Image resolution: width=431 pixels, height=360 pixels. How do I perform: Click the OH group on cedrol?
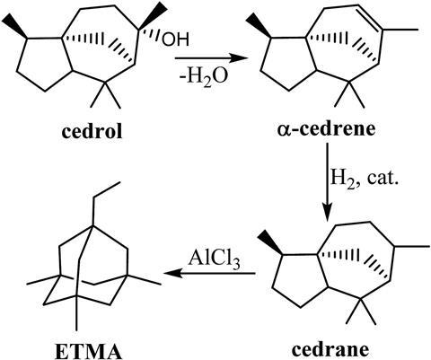[x=175, y=40]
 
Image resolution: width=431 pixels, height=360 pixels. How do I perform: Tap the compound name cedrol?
[x=92, y=131]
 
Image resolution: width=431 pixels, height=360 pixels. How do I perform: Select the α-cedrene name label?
[x=326, y=129]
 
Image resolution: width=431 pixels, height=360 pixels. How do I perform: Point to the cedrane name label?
[x=330, y=349]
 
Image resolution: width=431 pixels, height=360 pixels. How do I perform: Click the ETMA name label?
[x=89, y=351]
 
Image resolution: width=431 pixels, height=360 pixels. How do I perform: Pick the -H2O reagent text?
[x=204, y=76]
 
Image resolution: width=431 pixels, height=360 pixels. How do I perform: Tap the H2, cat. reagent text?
[x=365, y=179]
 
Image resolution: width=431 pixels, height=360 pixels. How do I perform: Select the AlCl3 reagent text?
[x=214, y=259]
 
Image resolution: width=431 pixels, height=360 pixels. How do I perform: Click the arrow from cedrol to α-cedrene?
[x=211, y=58]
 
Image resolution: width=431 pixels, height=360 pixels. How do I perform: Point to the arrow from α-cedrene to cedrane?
[x=328, y=182]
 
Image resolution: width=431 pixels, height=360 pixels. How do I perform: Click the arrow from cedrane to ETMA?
[x=210, y=273]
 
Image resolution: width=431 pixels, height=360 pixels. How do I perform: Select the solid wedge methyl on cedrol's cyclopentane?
[x=15, y=26]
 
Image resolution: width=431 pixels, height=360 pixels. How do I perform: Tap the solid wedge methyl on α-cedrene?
[x=259, y=25]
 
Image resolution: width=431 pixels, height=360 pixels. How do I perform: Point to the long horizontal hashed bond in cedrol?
[x=83, y=39]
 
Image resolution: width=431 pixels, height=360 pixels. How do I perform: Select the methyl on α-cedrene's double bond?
[x=400, y=30]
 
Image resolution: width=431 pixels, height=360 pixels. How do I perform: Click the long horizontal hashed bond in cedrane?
[x=339, y=255]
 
